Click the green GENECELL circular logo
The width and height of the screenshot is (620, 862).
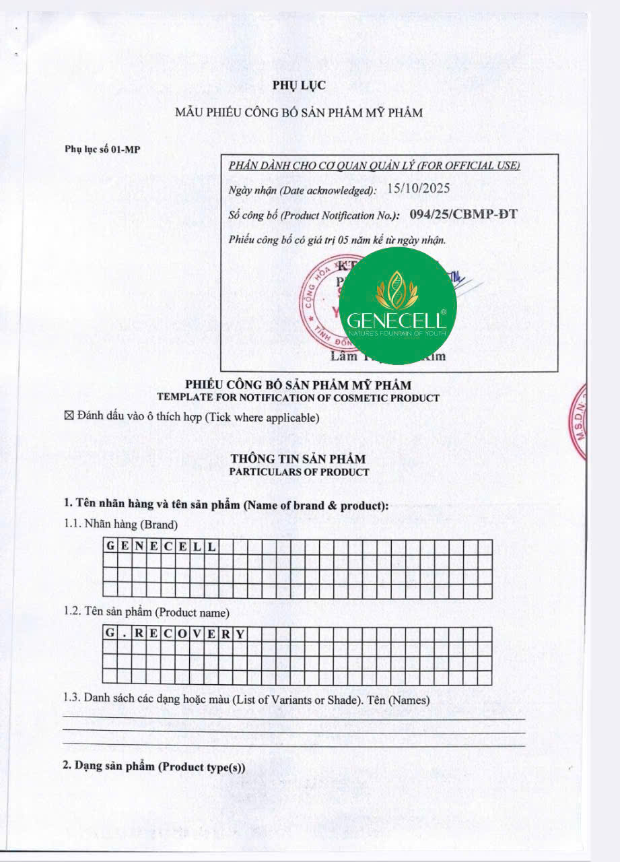tap(397, 306)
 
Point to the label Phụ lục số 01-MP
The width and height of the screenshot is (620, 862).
tap(102, 149)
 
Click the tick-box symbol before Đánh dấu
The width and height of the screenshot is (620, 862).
tap(68, 418)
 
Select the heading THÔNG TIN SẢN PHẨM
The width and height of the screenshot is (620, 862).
tap(298, 459)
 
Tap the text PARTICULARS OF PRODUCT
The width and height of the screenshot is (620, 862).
tap(299, 472)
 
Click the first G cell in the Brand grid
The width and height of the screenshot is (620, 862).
tap(110, 546)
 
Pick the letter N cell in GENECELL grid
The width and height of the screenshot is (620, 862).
tap(139, 546)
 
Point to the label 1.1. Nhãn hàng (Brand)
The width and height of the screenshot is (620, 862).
tap(121, 524)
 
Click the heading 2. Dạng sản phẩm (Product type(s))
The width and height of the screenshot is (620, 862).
tap(155, 766)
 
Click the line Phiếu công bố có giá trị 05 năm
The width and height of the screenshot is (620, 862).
tap(337, 239)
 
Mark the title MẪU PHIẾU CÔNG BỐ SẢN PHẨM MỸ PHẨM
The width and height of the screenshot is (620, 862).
tap(299, 112)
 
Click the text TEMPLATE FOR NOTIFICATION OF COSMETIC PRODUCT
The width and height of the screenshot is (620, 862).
tap(298, 398)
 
